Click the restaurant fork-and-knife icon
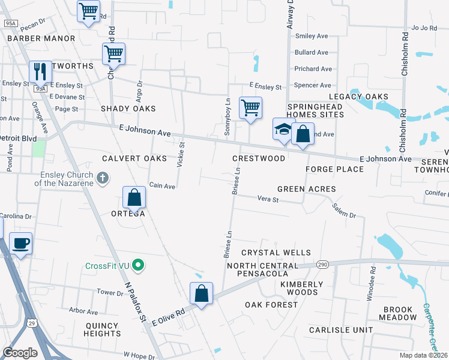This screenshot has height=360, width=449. coord(41,72)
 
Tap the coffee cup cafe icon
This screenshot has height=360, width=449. coord(21,244)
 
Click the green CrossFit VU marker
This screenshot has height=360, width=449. coord(139,265)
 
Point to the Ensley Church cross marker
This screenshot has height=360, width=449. coord(103,178)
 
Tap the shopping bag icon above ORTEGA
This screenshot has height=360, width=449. coord(134,197)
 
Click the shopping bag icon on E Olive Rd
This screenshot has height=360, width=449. coord(202,293)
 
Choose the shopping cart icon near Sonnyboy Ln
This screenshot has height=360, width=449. coord(250,108)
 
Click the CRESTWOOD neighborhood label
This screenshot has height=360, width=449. coord(259,158)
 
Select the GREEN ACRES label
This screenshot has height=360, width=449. coord(306,189)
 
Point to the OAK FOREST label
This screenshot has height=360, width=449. coord(271,305)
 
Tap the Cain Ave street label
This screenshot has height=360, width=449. coord(162,186)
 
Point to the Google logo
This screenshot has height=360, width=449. coord(20,352)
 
